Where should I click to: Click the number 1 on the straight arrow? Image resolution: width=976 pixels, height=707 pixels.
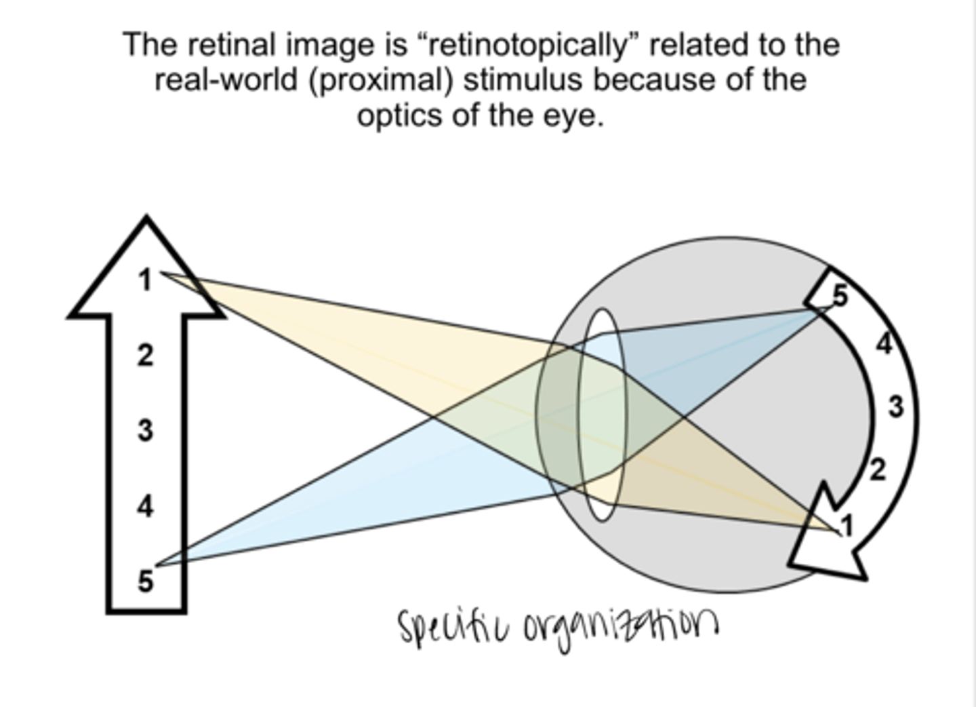[x=144, y=280]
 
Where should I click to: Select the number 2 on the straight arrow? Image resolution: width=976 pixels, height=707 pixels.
[x=145, y=355]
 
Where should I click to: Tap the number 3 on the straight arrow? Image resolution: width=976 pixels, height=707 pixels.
[x=145, y=430]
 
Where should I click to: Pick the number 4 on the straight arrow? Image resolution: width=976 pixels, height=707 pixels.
[x=145, y=506]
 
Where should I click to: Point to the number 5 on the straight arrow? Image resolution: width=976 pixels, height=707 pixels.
[x=145, y=581]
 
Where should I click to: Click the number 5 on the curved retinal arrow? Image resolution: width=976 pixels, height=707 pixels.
[x=839, y=296]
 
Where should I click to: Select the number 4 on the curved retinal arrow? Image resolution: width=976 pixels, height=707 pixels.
[x=884, y=344]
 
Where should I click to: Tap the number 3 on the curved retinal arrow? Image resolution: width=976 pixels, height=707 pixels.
[x=896, y=407]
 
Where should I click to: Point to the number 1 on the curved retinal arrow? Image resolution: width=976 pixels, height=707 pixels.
[x=847, y=524]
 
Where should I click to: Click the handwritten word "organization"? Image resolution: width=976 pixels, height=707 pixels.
[x=620, y=628]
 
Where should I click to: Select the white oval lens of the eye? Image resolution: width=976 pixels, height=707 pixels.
[x=602, y=415]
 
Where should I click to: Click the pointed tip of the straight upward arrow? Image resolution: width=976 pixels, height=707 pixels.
[x=146, y=219]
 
